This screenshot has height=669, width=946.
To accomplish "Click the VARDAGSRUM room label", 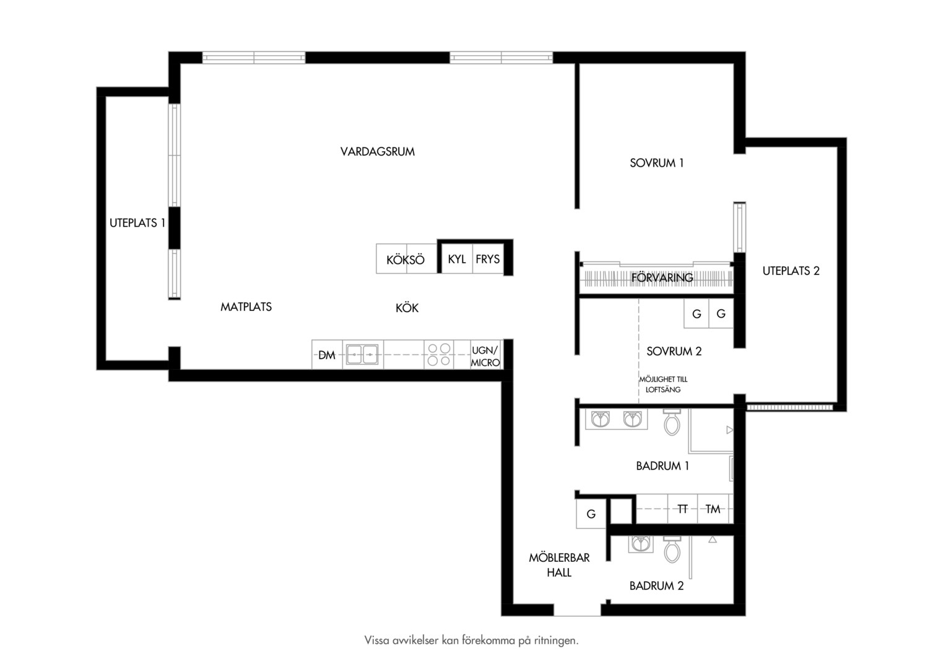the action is (x=378, y=152).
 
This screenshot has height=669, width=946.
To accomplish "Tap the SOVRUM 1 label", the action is (x=657, y=163).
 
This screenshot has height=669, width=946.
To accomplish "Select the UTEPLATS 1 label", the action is (x=137, y=223).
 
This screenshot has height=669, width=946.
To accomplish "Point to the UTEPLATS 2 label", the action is (x=791, y=271).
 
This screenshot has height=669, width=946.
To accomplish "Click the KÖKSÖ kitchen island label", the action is (x=406, y=260).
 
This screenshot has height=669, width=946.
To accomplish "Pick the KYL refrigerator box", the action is (x=456, y=259).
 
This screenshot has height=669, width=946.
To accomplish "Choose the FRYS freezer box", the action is (x=488, y=259).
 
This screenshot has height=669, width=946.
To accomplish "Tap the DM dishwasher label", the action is (x=326, y=356).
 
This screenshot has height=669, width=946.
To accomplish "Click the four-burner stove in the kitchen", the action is (x=439, y=354).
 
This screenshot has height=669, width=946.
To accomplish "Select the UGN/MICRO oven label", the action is (x=485, y=356).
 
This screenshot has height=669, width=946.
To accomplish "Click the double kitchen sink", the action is (x=362, y=354).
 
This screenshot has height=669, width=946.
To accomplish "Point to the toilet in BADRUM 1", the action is (x=672, y=422).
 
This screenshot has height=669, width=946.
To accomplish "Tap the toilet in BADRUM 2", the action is (x=672, y=549).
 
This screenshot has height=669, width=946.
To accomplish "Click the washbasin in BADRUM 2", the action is (x=640, y=544).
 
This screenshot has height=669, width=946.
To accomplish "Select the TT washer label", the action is (x=682, y=509).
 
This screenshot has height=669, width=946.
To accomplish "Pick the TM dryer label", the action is (x=713, y=509).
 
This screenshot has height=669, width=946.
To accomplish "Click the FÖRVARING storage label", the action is (x=662, y=278).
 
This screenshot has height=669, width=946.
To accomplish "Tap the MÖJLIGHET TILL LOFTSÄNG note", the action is (x=663, y=385).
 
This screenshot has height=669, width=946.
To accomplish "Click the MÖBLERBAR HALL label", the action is (x=559, y=565).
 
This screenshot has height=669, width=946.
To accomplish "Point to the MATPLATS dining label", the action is (x=246, y=307).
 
